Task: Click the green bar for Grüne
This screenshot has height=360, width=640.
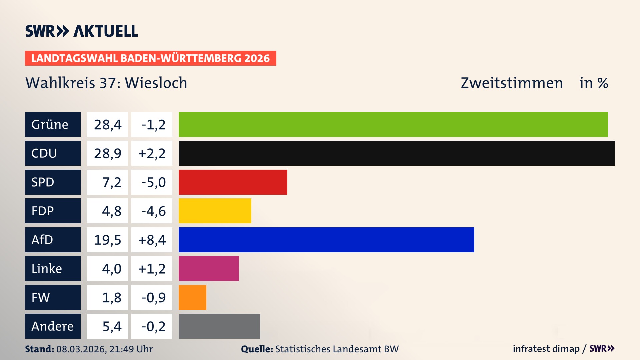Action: [x=393, y=124]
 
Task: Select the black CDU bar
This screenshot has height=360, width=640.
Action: [x=397, y=153]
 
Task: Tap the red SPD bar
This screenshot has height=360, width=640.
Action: [x=233, y=182]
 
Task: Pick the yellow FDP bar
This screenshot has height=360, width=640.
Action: [x=215, y=211]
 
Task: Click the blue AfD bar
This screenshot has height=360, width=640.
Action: [x=326, y=240]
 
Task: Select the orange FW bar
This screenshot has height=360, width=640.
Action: [x=192, y=297]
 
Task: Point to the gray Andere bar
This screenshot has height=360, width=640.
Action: [x=219, y=326]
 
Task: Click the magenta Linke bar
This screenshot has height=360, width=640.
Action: [x=209, y=268]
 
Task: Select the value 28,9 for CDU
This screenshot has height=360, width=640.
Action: [x=107, y=153]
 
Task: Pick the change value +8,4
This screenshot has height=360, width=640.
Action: [x=152, y=240]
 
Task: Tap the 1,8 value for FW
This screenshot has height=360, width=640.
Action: [x=111, y=297]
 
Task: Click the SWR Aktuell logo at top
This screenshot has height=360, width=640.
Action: [x=82, y=31]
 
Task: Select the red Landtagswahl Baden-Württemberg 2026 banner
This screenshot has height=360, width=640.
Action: [x=150, y=58]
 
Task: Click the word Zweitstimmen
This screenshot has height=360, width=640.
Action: [x=512, y=83]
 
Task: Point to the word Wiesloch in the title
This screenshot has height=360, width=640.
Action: [x=156, y=83]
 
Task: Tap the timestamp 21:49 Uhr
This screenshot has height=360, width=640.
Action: [x=131, y=349]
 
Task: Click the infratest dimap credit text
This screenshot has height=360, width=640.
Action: [x=546, y=349]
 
